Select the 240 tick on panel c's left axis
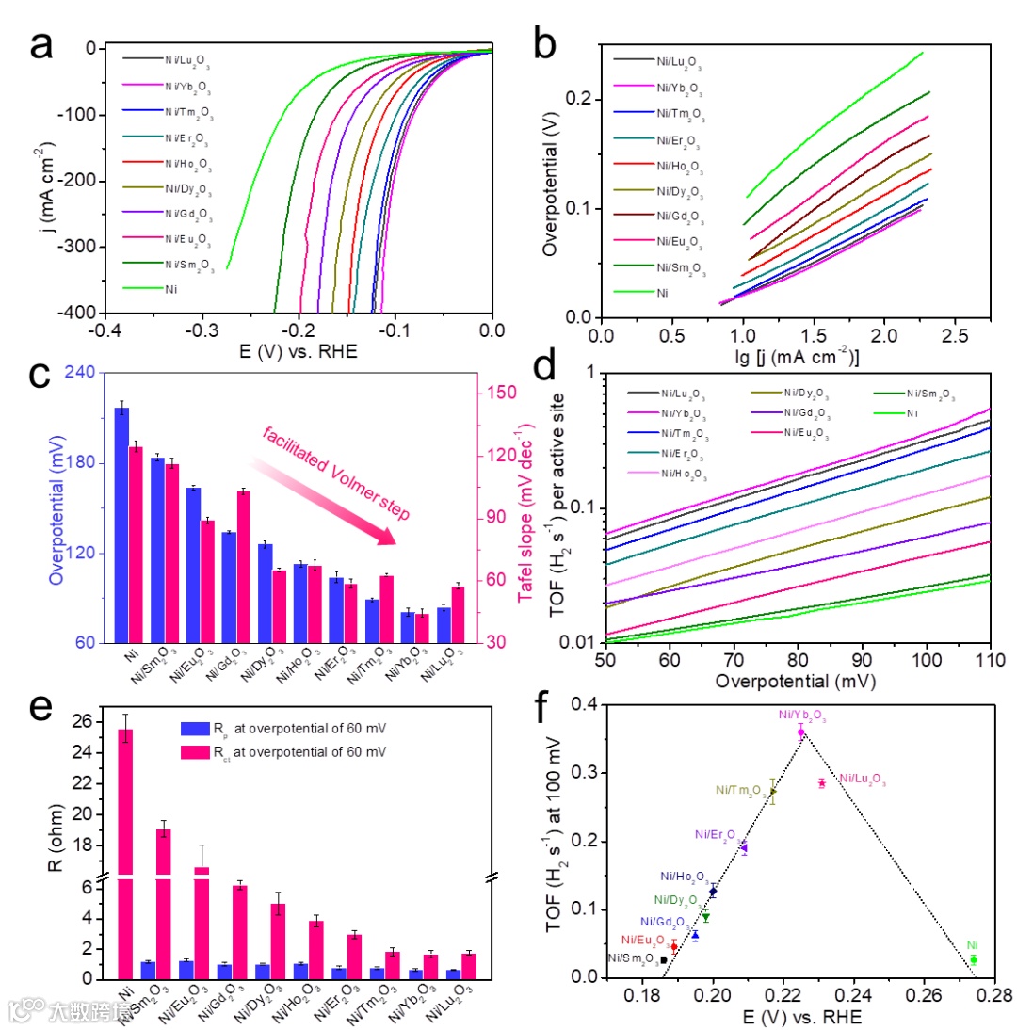88,373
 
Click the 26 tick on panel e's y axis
94,722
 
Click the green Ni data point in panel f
974,959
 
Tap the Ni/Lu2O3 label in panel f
862,780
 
